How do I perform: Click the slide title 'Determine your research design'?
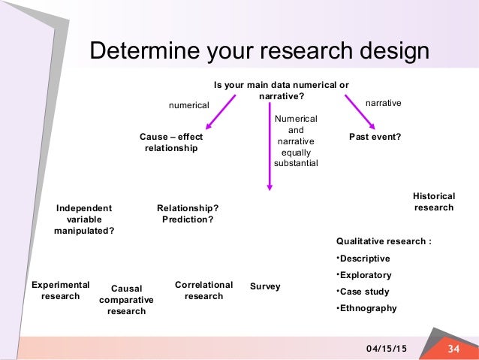pyautogui.click(x=259, y=51)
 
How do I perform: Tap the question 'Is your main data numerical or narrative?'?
pyautogui.click(x=282, y=90)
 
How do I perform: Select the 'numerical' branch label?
pyautogui.click(x=188, y=106)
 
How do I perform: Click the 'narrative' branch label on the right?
pyautogui.click(x=384, y=100)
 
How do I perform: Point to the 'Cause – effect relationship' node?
pyautogui.click(x=171, y=143)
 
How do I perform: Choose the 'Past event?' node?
pyautogui.click(x=375, y=138)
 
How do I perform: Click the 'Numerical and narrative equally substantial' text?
pyautogui.click(x=296, y=141)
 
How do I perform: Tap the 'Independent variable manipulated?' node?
pyautogui.click(x=84, y=219)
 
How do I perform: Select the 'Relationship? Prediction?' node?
pyautogui.click(x=188, y=213)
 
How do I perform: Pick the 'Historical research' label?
pyautogui.click(x=434, y=201)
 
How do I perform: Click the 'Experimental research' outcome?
pyautogui.click(x=61, y=290)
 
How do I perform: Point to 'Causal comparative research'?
pyautogui.click(x=126, y=299)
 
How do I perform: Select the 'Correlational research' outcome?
pyautogui.click(x=203, y=290)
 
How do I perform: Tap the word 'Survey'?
pyautogui.click(x=265, y=286)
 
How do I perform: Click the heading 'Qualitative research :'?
pyautogui.click(x=384, y=241)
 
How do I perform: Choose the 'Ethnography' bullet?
pyautogui.click(x=369, y=307)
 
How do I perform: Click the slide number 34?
pyautogui.click(x=453, y=349)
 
